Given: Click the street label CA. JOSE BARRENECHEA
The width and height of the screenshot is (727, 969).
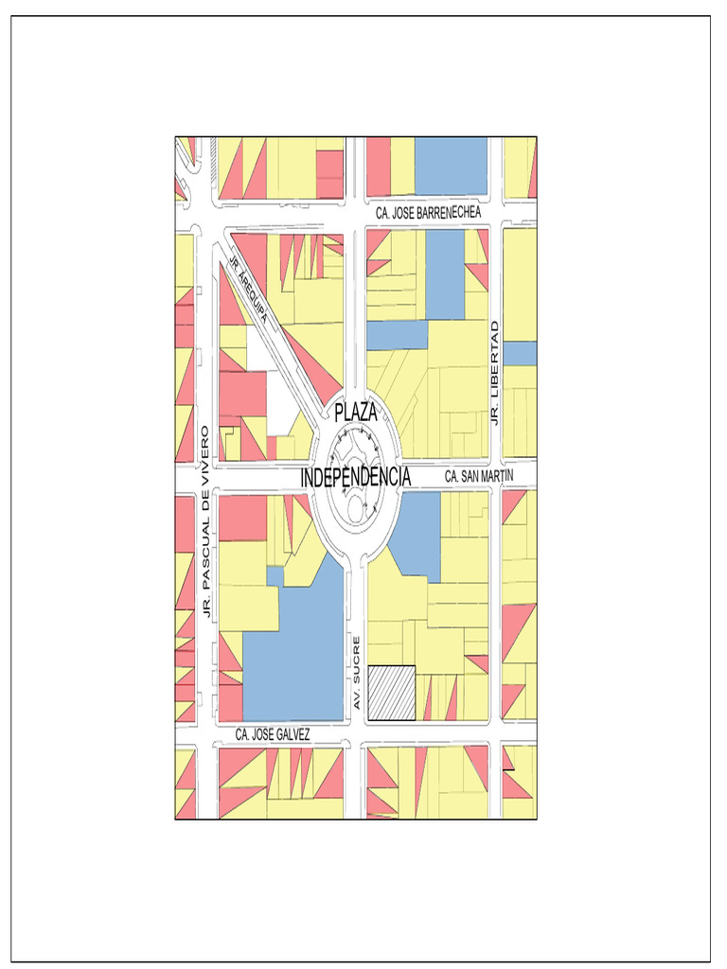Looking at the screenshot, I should point(428,214).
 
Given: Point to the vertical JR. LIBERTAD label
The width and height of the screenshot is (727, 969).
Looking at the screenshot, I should point(494,372).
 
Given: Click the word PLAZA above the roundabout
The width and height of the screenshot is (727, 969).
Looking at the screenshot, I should point(356,413).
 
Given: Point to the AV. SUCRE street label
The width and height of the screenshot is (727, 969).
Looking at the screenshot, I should point(357,675).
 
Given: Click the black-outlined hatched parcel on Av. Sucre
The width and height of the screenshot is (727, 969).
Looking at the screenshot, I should point(392,694).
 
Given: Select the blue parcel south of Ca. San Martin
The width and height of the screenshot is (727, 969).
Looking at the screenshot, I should point(417,535).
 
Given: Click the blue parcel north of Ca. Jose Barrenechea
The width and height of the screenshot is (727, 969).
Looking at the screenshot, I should point(451,166).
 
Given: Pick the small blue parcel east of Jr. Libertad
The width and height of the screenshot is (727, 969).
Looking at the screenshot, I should point(520,353).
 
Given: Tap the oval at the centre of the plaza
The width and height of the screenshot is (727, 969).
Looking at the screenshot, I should point(358,508).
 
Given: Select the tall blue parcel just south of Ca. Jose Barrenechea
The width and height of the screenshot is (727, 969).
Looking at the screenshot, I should point(445,274).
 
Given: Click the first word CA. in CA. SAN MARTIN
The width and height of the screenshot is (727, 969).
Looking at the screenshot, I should point(452,477).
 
